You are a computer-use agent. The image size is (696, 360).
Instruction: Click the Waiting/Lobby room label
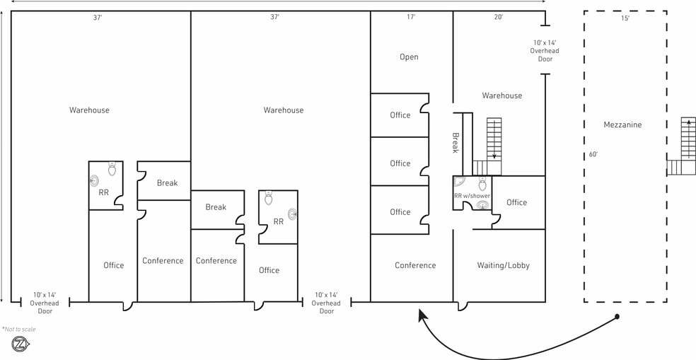(x=504, y=265)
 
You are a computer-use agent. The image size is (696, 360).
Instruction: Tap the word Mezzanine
(x=622, y=124)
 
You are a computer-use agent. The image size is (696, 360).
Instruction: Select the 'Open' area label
(x=409, y=57)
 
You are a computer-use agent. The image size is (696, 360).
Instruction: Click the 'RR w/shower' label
(x=472, y=196)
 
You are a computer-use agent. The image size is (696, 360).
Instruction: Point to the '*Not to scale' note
(x=19, y=330)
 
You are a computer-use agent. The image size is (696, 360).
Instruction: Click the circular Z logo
(x=20, y=344)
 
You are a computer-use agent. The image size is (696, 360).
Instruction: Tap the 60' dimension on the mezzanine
(x=593, y=154)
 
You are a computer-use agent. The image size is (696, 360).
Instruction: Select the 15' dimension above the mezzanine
(x=625, y=18)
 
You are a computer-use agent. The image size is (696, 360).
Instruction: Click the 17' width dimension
(x=411, y=17)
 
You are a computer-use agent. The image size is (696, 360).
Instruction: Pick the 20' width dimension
(x=499, y=17)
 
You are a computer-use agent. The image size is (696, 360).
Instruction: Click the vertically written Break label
(x=455, y=143)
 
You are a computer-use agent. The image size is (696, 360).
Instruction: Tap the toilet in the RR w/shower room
(x=482, y=184)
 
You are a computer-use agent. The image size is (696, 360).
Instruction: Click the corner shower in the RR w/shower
(x=460, y=182)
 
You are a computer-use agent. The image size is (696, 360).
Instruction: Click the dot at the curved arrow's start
(x=617, y=316)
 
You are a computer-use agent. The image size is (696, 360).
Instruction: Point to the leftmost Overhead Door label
(x=45, y=303)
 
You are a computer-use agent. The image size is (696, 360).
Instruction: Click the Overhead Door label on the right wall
(x=545, y=51)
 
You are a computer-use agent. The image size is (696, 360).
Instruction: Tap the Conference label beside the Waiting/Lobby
(x=415, y=265)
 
